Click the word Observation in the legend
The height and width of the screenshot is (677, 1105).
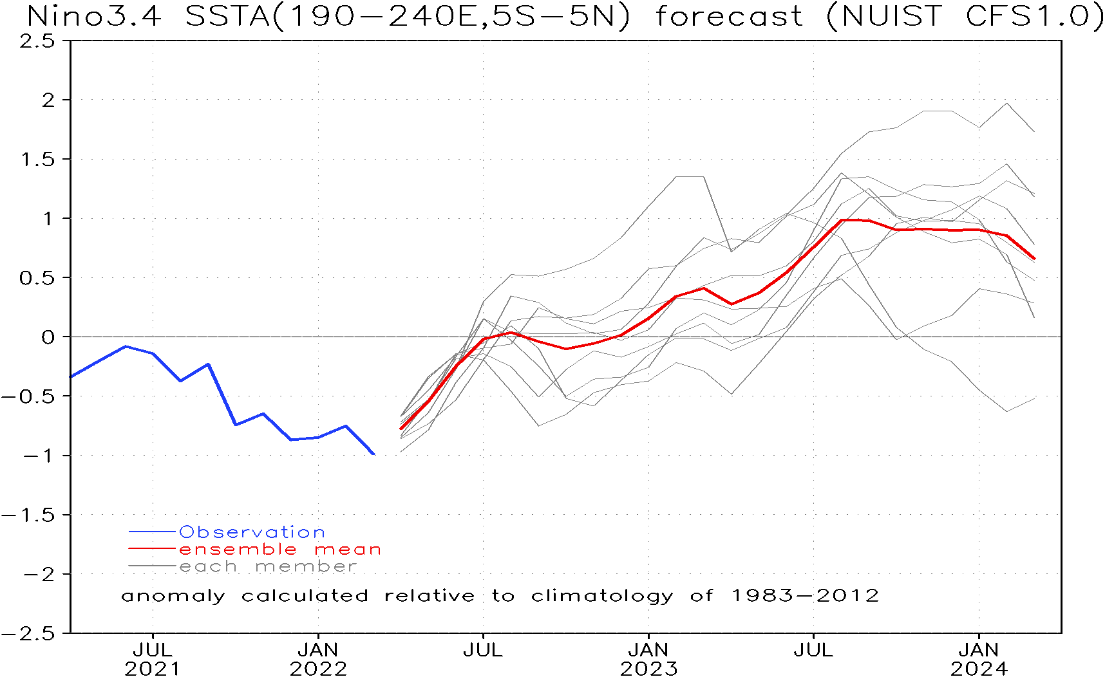252,532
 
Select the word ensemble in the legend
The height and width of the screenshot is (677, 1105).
238,550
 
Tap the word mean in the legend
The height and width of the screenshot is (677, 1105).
348,550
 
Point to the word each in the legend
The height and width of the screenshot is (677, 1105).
208,567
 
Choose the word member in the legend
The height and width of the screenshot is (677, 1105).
306,567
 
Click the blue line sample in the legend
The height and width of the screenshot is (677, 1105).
152,532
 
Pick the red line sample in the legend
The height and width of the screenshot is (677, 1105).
152,549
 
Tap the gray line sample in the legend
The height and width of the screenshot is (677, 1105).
152,566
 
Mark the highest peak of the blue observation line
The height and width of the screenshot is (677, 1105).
126,346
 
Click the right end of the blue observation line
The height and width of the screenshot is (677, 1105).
374,454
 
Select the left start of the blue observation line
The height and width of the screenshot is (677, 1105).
71,376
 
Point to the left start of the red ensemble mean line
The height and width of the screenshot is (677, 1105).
401,429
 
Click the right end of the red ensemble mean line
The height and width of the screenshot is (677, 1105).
1034,259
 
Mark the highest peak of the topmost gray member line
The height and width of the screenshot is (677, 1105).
1006,104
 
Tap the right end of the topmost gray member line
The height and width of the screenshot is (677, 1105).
1034,132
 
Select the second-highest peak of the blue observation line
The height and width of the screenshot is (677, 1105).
208,364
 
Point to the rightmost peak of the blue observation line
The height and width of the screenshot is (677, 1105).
346,426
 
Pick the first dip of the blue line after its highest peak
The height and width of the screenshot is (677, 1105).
180,381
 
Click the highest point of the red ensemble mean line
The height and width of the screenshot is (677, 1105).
842,220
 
